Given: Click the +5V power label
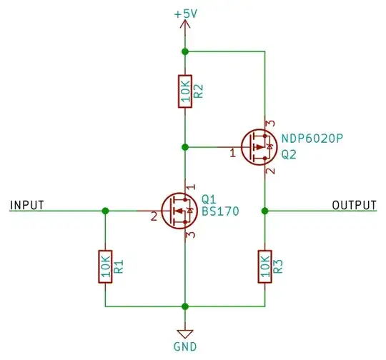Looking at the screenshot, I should pos(185,14).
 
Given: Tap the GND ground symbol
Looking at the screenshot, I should pos(185,334).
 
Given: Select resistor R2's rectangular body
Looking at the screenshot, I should pos(185,91).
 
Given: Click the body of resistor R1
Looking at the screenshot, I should pos(106,266).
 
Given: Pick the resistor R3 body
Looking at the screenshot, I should pos(265,266).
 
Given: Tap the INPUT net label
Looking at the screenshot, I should pos(27,205).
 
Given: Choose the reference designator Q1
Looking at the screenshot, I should pos(209,199).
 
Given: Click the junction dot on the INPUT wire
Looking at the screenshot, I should pos(106,211).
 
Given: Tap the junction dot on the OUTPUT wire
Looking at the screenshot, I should pos(265,211).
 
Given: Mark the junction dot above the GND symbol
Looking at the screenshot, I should pos(185,306).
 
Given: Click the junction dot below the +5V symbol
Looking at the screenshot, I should pos(185,51).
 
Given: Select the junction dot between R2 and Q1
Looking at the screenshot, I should pos(185,147).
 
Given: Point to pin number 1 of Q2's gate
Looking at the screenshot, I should pos(232,153).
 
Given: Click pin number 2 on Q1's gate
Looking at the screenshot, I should pos(153,217).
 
